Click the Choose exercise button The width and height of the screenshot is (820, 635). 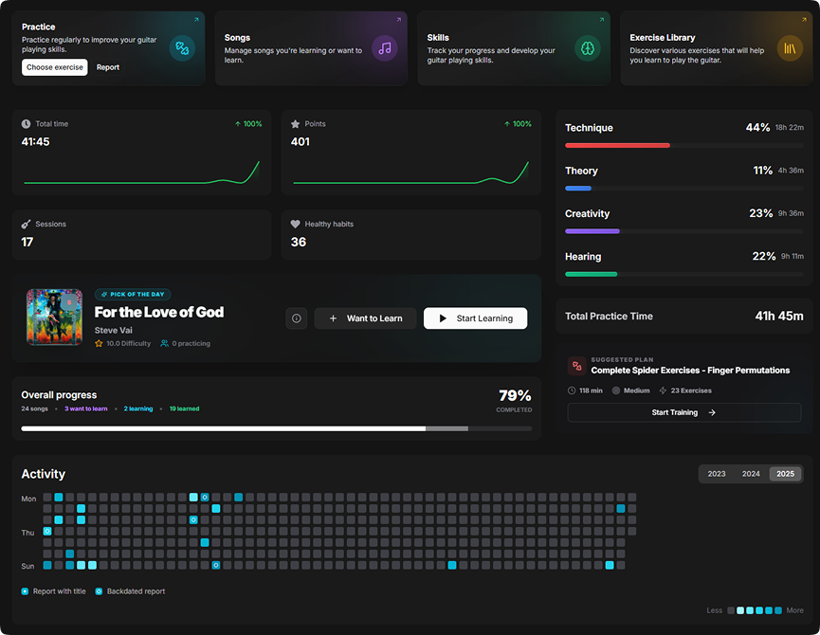click(54, 67)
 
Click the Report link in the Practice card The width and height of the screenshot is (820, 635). click(108, 67)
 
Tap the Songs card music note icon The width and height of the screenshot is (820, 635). click(384, 48)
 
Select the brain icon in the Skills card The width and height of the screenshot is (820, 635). click(587, 48)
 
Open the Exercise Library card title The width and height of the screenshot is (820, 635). click(662, 38)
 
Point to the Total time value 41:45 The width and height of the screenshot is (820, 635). click(36, 142)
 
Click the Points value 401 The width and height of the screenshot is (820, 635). click(301, 142)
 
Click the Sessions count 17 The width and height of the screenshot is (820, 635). click(27, 242)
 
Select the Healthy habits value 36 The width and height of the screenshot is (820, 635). click(298, 242)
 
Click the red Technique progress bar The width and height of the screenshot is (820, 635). click(617, 145)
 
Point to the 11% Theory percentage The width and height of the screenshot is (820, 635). click(763, 171)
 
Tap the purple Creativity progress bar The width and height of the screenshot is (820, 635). click(592, 231)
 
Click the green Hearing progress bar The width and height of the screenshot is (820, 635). click(592, 274)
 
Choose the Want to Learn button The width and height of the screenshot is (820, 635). click(365, 318)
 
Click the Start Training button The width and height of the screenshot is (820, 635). click(683, 412)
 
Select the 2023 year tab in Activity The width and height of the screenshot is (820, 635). click(717, 474)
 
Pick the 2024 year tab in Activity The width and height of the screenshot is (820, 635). click(751, 474)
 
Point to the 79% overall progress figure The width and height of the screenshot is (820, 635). click(515, 396)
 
